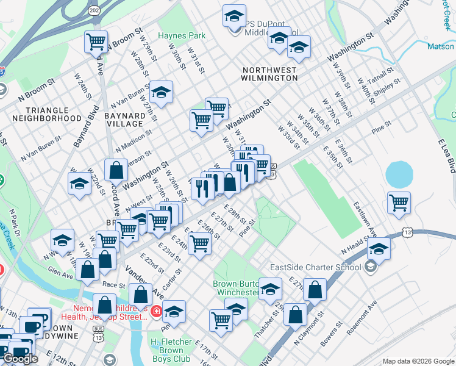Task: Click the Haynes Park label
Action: [x=182, y=35]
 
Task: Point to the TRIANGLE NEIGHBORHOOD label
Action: [x=46, y=113]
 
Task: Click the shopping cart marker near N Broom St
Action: [x=96, y=41]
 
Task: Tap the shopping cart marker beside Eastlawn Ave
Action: [x=399, y=203]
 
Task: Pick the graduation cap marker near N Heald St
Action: [x=379, y=249]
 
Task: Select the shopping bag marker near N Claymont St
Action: [x=295, y=315]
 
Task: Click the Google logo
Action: [x=20, y=359]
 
